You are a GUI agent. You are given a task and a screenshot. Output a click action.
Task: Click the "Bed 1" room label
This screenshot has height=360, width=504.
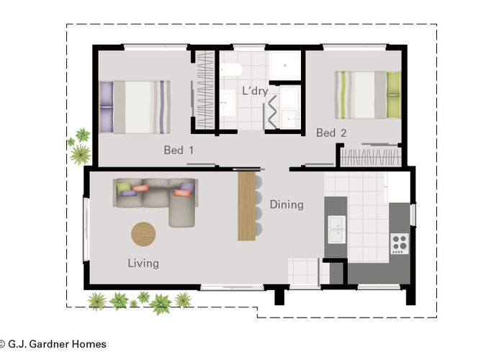click(179, 150)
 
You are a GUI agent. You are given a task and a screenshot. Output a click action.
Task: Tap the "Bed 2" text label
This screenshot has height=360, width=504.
click(331, 132)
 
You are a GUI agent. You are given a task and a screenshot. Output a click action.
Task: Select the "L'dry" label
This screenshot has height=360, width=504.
click(255, 91)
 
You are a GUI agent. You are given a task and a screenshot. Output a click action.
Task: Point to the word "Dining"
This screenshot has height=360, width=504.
click(287, 204)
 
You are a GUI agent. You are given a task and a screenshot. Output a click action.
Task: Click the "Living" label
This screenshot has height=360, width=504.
click(143, 263)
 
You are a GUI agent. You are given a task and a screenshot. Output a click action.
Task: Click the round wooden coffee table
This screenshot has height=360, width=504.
click(143, 233)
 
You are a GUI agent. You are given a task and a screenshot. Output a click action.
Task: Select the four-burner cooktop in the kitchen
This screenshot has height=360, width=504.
click(399, 243)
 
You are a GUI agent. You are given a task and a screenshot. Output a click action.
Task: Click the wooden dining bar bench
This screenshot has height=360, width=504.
click(247, 205)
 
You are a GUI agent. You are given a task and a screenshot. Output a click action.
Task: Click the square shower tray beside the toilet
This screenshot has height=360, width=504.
click(286, 66)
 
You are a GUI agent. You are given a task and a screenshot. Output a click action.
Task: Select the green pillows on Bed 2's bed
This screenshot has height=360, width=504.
click(392, 94)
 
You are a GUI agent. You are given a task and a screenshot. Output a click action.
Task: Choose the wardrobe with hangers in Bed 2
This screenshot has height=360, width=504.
click(369, 156)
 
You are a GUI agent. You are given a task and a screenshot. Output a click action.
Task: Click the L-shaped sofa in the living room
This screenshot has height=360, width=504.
click(158, 198)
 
